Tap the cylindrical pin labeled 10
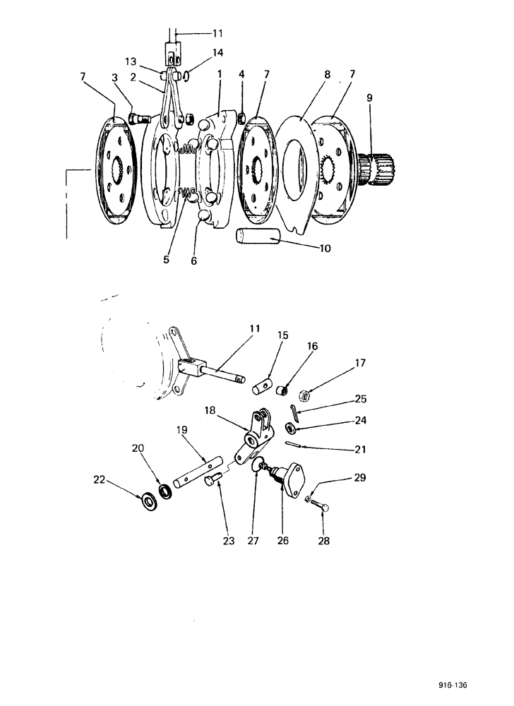coord(258,237)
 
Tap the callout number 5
coord(167,260)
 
